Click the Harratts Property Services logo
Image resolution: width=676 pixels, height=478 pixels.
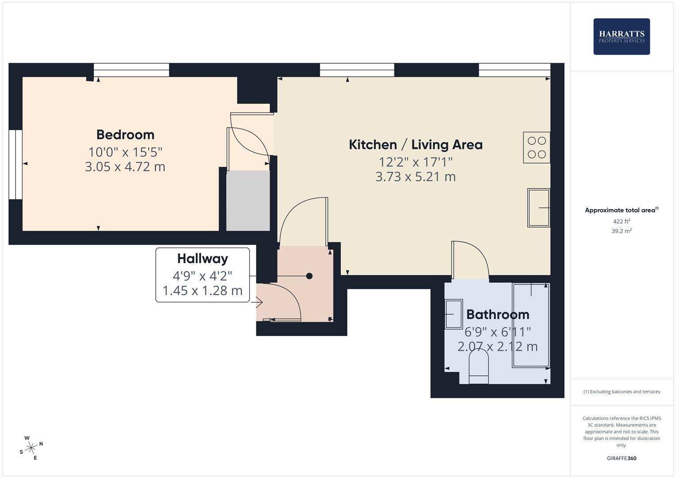click(622, 36)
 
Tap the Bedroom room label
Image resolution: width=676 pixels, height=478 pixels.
click(125, 135)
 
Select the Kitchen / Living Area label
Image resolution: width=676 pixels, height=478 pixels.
click(416, 145)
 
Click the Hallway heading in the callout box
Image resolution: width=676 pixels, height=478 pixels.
click(202, 258)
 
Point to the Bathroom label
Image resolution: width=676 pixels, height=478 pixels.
click(498, 314)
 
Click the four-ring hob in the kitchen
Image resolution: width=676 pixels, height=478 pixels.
click(537, 147)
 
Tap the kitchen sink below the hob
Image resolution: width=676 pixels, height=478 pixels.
click(539, 208)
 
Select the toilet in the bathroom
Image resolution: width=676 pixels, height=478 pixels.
click(479, 366)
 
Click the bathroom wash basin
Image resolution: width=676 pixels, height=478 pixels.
click(454, 314)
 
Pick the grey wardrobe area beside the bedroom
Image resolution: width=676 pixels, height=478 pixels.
click(248, 200)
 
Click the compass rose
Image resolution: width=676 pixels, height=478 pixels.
click(31, 448)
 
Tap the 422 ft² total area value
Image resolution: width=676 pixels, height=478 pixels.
click(622, 221)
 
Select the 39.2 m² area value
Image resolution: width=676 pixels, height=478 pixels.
click(622, 231)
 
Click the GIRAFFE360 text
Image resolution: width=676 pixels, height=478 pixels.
click(622, 458)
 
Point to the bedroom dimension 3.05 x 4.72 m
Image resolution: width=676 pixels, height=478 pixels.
click(125, 167)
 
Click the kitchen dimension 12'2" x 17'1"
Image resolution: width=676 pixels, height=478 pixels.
click(416, 162)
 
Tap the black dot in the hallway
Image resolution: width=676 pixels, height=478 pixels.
click(309, 276)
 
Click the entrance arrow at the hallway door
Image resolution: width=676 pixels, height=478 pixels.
click(257, 302)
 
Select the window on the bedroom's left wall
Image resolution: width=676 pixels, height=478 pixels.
click(15, 165)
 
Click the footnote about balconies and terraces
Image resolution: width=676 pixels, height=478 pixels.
click(622, 392)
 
